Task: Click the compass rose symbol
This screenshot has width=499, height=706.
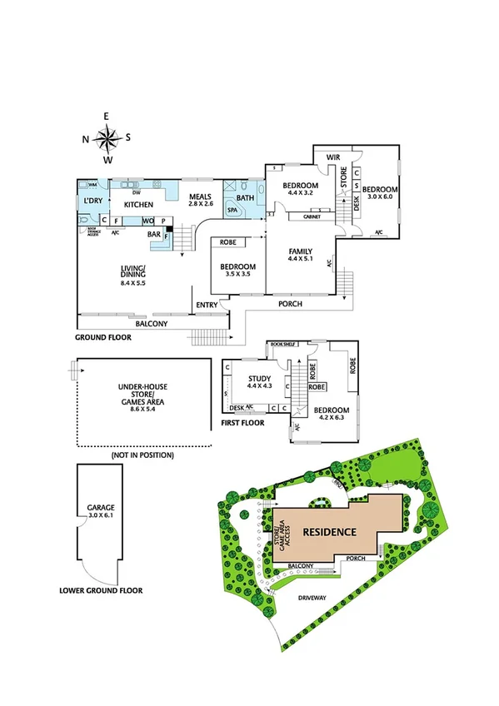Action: [x=108, y=137]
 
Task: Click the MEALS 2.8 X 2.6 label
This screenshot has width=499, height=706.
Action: [x=201, y=200]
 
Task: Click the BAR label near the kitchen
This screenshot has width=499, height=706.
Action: [x=154, y=235]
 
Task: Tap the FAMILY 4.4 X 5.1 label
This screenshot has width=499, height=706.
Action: [x=300, y=255]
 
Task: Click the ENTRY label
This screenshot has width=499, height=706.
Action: [x=206, y=306]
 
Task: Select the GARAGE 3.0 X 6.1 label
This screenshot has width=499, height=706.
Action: [x=93, y=510]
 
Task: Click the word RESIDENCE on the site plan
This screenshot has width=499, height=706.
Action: [x=329, y=531]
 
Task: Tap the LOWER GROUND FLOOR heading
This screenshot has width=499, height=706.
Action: [x=101, y=590]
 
